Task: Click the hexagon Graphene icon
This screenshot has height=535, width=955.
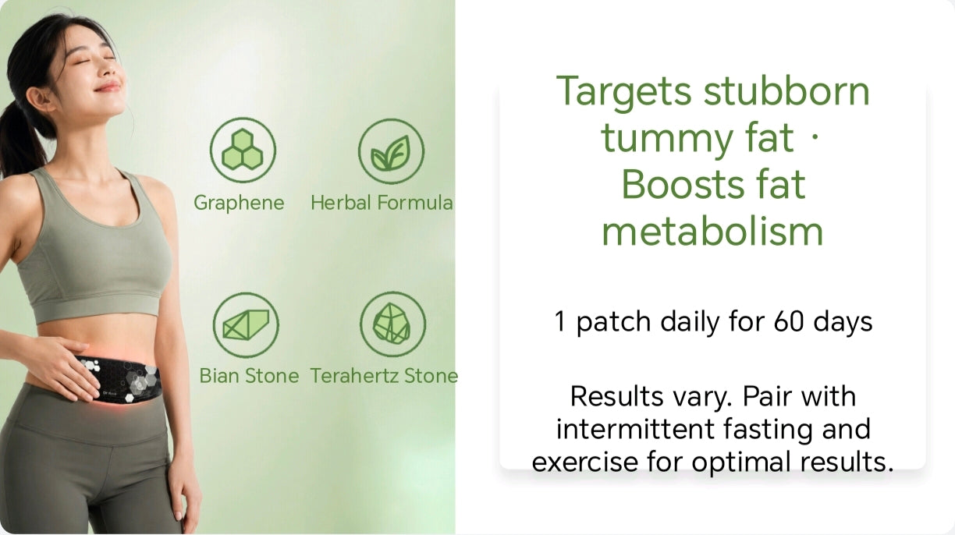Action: tap(243, 150)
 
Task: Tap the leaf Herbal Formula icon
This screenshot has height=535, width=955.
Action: tap(391, 151)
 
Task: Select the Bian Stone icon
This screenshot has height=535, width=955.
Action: tap(246, 325)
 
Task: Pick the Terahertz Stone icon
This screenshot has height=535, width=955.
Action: tap(392, 324)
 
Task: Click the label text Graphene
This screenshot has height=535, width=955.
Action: tap(239, 204)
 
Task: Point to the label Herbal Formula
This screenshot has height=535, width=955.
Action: tap(382, 203)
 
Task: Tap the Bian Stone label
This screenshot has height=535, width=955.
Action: tap(249, 376)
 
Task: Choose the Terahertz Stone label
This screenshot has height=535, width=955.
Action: tap(384, 376)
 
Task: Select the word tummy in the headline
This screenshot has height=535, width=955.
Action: tap(667, 139)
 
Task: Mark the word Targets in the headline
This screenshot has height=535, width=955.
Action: tap(623, 92)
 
